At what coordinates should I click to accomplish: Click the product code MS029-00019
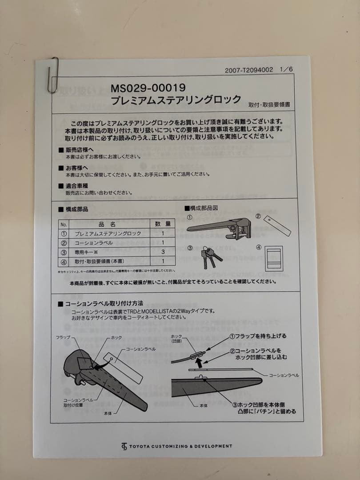click(148, 88)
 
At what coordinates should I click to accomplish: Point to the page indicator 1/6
click(287, 70)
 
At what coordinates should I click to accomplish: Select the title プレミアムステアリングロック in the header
click(176, 100)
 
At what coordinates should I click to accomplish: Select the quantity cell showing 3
click(163, 252)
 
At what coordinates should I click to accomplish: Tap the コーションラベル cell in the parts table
click(94, 243)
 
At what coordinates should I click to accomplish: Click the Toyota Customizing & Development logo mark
click(124, 446)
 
